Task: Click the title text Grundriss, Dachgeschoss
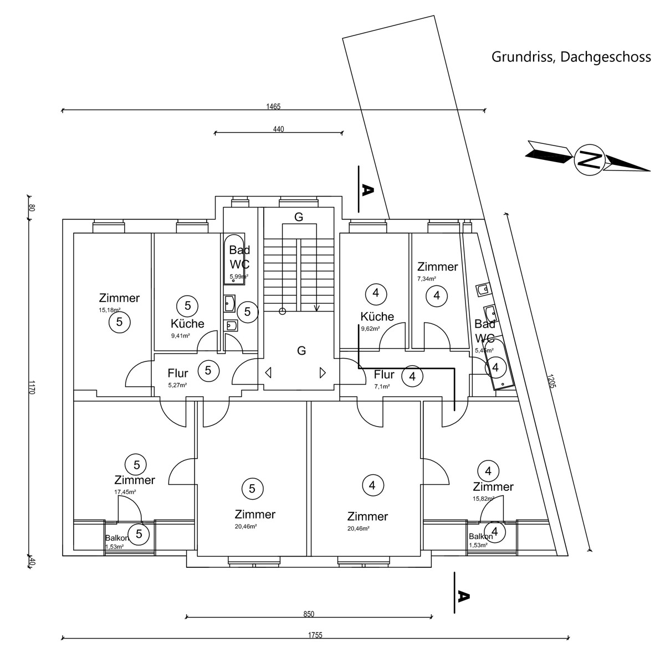coord(571,57)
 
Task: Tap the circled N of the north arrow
coord(589,160)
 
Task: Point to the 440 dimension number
coord(278,129)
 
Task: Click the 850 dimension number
coord(309,614)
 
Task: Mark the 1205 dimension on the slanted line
coord(550,382)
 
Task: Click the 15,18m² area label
coord(110,310)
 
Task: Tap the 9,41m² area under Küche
coord(181,335)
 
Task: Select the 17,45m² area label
coord(125,491)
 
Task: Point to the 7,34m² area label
coord(427,279)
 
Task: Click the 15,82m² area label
coord(484,499)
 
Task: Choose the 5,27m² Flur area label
coord(177,385)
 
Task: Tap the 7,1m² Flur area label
coord(382,386)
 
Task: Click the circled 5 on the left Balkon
coord(139,534)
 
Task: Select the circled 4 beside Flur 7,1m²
coord(412,377)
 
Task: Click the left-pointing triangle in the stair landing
coord(268,372)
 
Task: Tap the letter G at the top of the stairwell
coord(299,217)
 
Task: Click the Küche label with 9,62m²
coord(377,317)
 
